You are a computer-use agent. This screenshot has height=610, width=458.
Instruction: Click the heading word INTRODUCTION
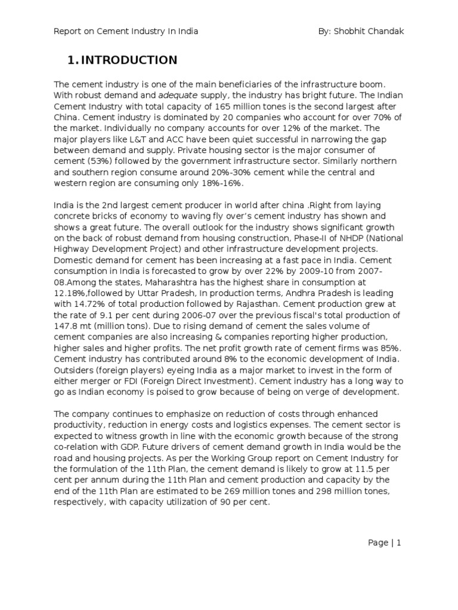129,60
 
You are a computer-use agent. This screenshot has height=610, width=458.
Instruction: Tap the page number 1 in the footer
399,543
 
